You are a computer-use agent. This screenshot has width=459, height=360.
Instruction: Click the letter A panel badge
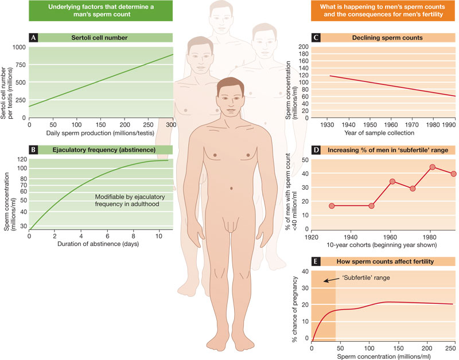34,38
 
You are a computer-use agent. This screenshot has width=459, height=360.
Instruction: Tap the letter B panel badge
34,150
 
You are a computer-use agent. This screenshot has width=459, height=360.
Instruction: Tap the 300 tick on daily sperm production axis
171,124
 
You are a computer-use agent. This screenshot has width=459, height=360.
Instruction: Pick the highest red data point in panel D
432,167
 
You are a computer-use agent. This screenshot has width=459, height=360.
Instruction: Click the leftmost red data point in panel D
331,205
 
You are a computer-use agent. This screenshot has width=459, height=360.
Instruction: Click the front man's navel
231,189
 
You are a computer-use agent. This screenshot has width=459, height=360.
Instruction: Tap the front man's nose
232,105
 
